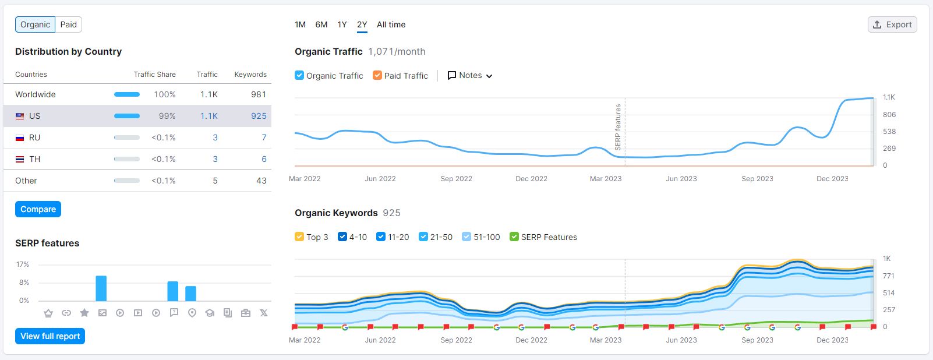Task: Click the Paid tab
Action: click(x=68, y=24)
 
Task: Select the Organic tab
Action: click(x=35, y=24)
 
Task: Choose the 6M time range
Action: click(x=321, y=24)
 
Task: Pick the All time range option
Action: click(x=391, y=24)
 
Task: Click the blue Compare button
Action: click(x=38, y=209)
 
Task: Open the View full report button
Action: click(x=50, y=336)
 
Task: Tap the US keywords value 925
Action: click(x=259, y=116)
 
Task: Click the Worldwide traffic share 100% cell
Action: click(x=165, y=94)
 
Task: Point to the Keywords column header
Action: click(x=250, y=75)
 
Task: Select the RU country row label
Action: click(x=35, y=137)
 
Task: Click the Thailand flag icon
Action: click(x=20, y=159)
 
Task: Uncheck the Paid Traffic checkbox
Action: click(x=377, y=75)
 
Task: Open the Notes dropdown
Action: click(x=470, y=75)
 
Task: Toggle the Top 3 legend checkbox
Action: click(x=299, y=237)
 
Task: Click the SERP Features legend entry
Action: click(x=549, y=237)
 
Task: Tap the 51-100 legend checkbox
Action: click(x=466, y=237)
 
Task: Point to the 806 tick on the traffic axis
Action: click(x=889, y=115)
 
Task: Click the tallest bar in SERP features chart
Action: click(x=101, y=288)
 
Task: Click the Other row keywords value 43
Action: click(x=261, y=181)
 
